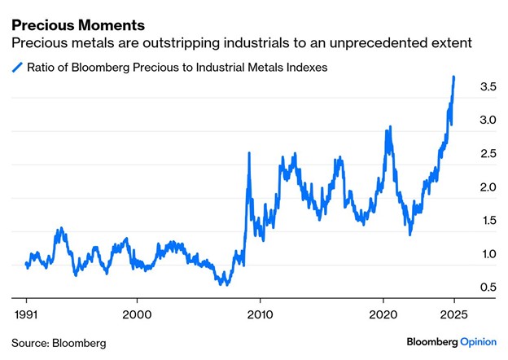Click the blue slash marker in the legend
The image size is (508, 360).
(x=17, y=68)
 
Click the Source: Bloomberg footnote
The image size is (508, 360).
(x=59, y=342)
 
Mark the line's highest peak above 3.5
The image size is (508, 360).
(x=453, y=77)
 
